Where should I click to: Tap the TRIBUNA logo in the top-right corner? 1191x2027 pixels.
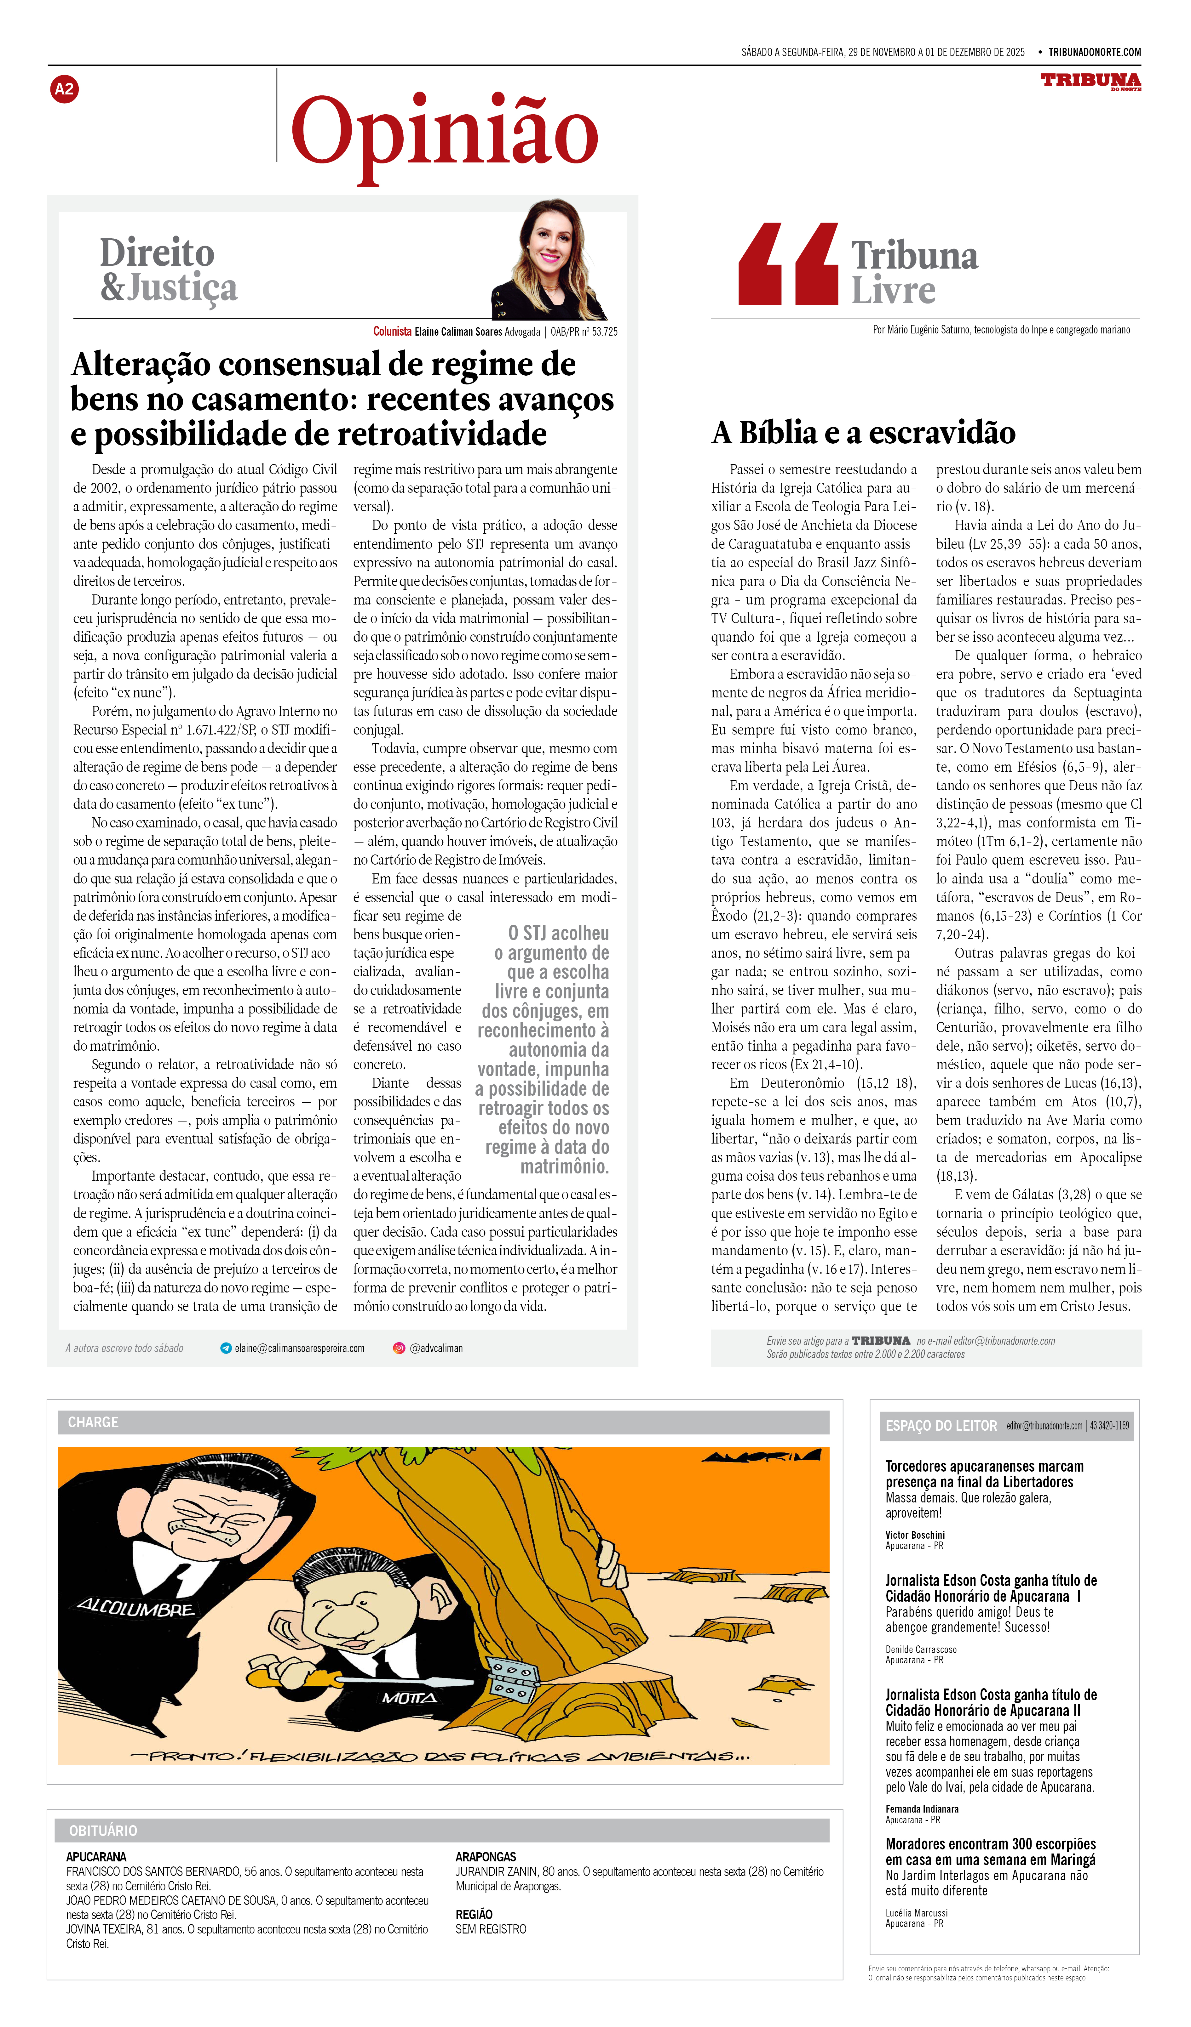[x=1090, y=81]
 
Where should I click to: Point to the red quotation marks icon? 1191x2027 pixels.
[x=788, y=264]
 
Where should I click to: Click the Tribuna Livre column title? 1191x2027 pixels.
[x=914, y=273]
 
